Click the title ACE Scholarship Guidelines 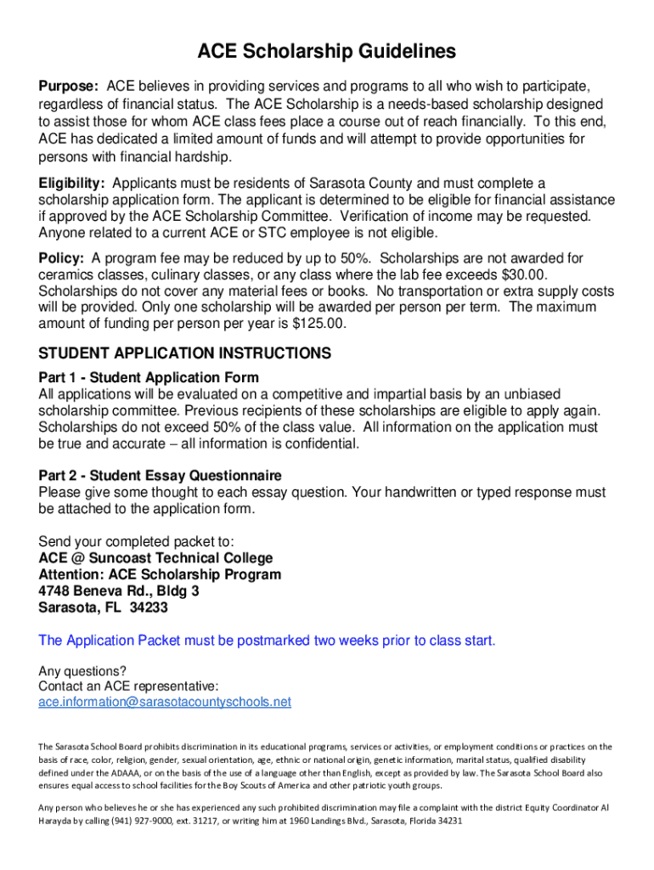[x=327, y=53]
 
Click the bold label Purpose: [x=70, y=87]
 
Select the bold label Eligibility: [x=72, y=184]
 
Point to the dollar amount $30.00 [x=525, y=274]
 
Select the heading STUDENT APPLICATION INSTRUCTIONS [x=185, y=353]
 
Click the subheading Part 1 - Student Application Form [x=149, y=377]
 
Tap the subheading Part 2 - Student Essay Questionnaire [x=161, y=476]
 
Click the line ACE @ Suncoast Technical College [x=156, y=558]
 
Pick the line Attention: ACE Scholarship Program [x=160, y=574]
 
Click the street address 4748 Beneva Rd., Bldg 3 [x=119, y=590]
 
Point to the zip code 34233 [x=149, y=607]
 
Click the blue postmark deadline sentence [x=267, y=640]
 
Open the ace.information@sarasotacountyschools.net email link [x=165, y=702]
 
